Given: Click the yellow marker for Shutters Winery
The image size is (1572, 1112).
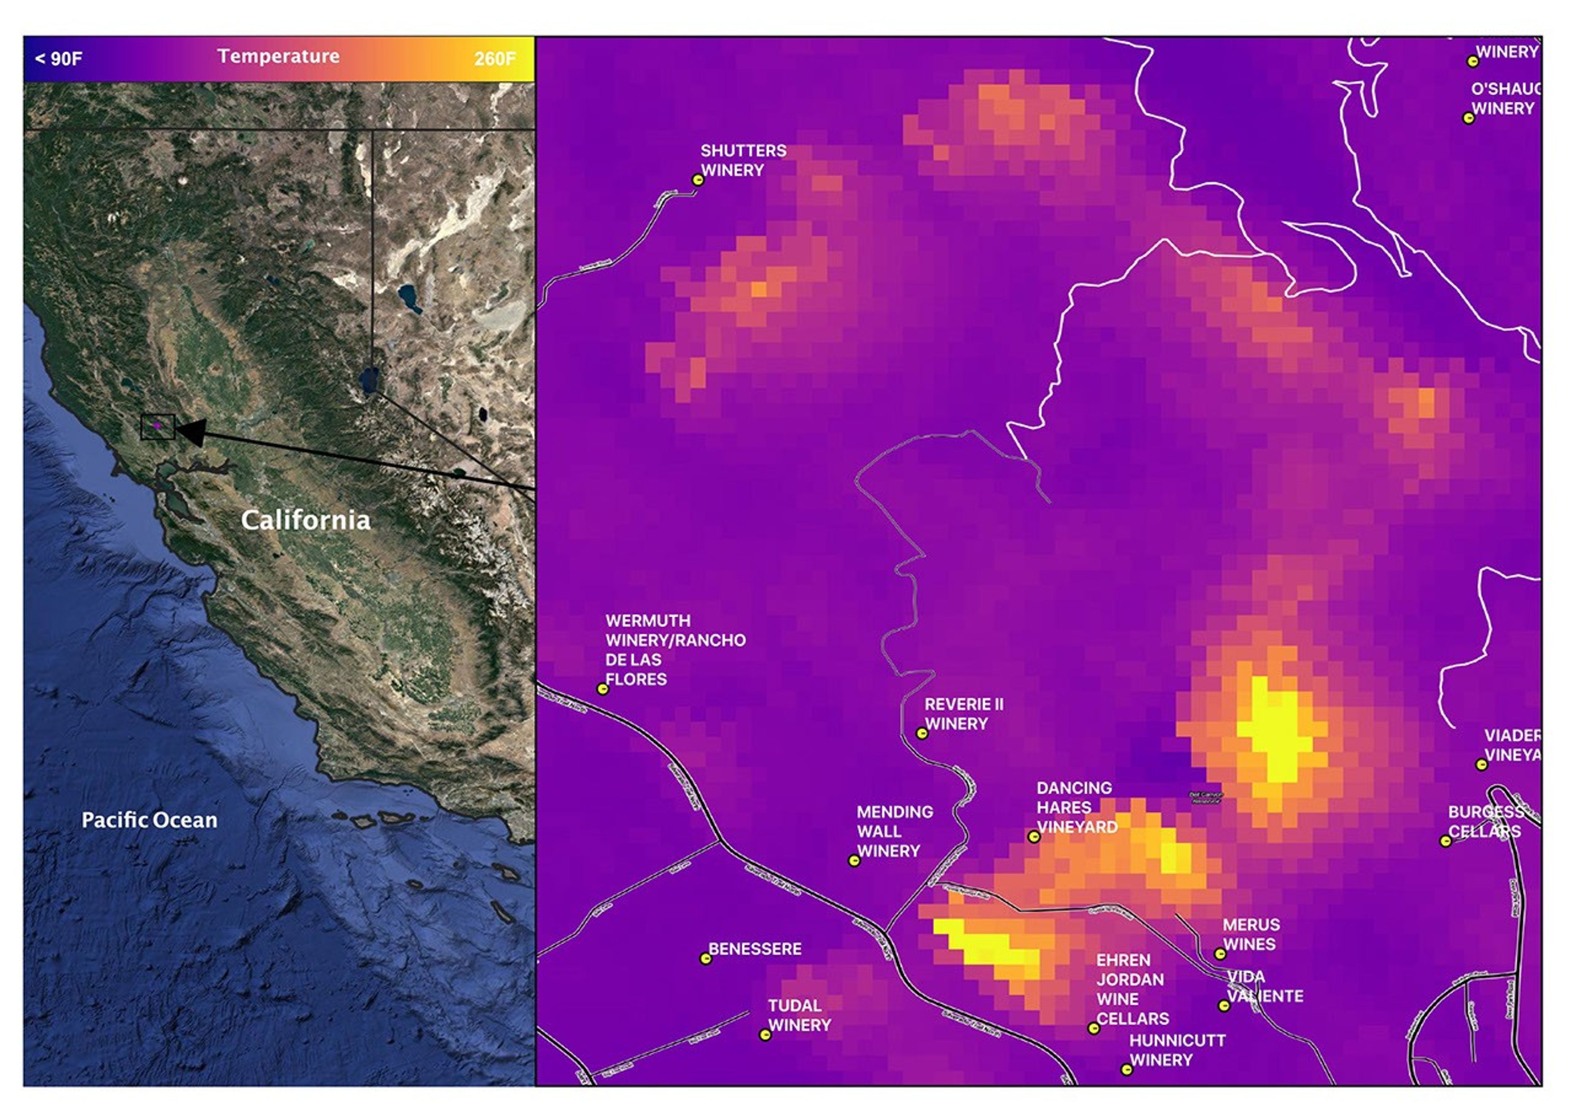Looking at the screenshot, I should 697,180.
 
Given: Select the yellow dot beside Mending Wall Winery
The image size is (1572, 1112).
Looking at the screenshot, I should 854,861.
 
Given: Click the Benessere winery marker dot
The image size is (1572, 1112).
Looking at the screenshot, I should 705,959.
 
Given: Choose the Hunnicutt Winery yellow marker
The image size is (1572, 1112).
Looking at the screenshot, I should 1126,1069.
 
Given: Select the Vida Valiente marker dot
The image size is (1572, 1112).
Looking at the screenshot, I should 1224,1005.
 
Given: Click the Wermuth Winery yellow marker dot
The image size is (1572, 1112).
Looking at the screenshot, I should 602,689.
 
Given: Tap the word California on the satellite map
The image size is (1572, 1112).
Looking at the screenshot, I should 305,521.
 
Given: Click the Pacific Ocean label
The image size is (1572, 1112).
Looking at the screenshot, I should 149,820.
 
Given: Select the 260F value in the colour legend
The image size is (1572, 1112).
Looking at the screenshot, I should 494,59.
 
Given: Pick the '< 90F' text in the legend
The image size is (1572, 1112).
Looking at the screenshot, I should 58,59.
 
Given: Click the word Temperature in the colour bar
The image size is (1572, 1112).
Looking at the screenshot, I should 278,56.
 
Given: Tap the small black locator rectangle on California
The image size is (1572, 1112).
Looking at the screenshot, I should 157,426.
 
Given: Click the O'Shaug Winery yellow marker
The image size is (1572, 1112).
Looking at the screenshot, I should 1468,118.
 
